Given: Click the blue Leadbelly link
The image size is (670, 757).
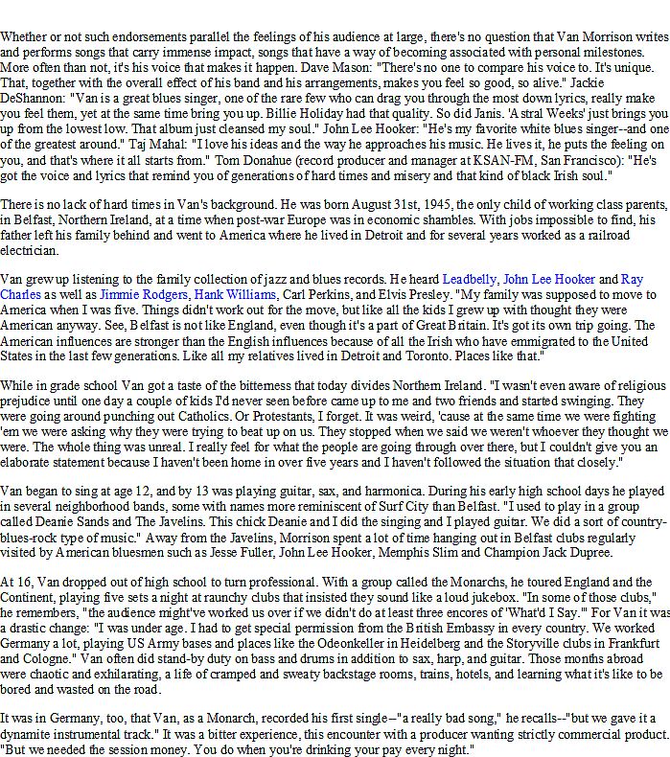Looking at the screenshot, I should (x=469, y=279).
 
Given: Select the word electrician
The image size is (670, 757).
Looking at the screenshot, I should (x=30, y=250).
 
